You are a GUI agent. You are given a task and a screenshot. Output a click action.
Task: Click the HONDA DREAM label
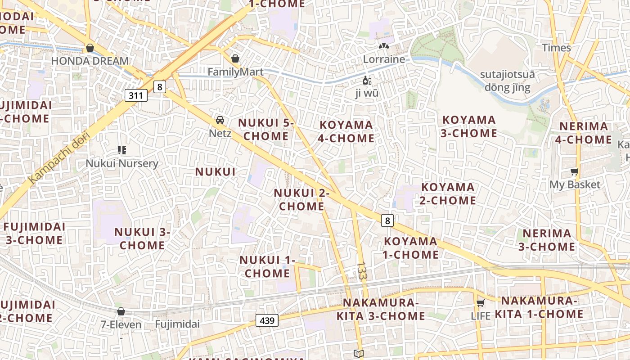pyautogui.click(x=90, y=61)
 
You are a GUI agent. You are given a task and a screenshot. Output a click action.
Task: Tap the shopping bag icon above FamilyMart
pyautogui.click(x=235, y=58)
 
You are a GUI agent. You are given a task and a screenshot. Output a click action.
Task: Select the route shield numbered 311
pyautogui.click(x=136, y=95)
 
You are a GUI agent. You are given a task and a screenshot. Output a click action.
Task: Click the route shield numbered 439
pyautogui.click(x=267, y=320)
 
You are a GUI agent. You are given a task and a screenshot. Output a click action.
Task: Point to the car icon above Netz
pyautogui.click(x=220, y=120)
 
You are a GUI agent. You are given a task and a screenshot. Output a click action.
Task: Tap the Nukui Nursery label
pyautogui.click(x=122, y=163)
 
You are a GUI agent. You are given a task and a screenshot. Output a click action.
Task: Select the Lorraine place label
pyautogui.click(x=384, y=59)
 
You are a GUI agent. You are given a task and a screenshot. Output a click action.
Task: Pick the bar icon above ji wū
pyautogui.click(x=367, y=81)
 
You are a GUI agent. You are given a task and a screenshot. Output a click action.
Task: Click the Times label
pyautogui.click(x=556, y=48)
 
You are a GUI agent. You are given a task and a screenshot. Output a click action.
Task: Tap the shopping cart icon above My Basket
pyautogui.click(x=574, y=171)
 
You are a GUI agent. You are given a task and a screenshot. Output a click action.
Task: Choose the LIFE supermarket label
pyautogui.click(x=481, y=316)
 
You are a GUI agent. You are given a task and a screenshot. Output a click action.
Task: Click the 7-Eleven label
pyautogui.click(x=121, y=324)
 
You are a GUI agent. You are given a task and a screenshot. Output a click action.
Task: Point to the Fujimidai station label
pyautogui.click(x=177, y=324)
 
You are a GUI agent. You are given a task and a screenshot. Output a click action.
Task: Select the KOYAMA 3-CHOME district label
pyautogui.click(x=470, y=126)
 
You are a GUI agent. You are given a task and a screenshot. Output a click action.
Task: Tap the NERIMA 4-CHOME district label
pyautogui.click(x=583, y=133)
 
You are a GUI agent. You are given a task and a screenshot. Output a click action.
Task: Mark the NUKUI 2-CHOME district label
pyautogui.click(x=301, y=199)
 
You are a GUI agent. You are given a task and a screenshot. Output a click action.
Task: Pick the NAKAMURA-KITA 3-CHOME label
pyautogui.click(x=381, y=309)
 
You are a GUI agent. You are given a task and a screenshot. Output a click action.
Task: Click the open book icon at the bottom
pyautogui.click(x=359, y=354)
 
